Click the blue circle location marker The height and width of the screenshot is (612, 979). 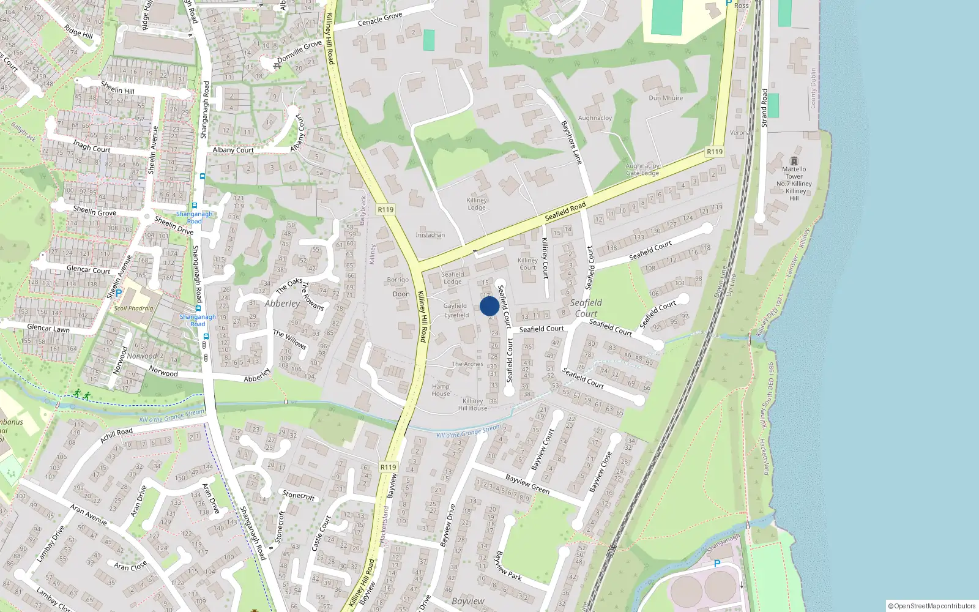[x=489, y=306]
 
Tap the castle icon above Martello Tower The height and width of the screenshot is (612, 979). [x=794, y=160]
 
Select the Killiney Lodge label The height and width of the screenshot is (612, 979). [x=477, y=204]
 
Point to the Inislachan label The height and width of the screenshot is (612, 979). [x=430, y=235]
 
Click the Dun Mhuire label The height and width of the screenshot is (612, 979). [x=666, y=98]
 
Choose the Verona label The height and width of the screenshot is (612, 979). [x=740, y=132]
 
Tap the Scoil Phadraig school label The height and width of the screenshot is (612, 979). [x=133, y=308]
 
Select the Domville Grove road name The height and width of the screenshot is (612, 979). [x=299, y=51]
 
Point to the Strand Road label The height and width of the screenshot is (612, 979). [x=764, y=108]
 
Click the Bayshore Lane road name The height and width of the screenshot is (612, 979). [x=571, y=142]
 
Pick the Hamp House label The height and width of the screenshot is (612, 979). [x=441, y=390]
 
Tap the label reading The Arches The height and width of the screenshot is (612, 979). [x=467, y=364]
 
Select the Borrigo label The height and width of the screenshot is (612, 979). [x=398, y=280]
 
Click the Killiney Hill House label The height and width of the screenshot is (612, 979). [x=473, y=405]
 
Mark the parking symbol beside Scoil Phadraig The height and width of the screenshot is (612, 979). [x=119, y=293]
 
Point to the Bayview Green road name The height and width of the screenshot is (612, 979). [x=527, y=484]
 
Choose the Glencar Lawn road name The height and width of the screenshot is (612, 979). [x=48, y=328]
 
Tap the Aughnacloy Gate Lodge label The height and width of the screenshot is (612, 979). [x=642, y=170]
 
